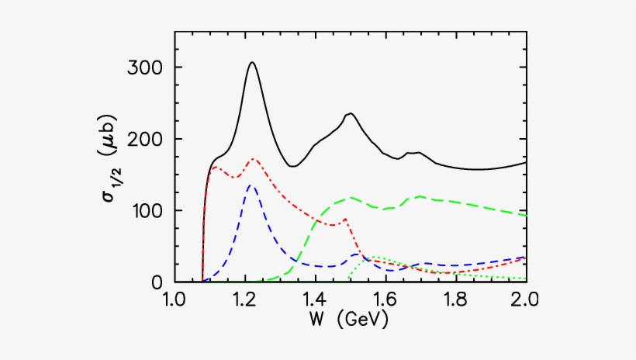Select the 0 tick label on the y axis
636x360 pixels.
157,282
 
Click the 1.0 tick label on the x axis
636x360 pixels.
175,299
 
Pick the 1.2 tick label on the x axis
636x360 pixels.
245,299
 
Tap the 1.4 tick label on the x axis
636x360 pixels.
316,299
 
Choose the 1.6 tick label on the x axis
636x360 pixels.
385,299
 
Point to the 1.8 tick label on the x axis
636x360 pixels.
456,299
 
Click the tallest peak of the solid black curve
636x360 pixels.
251,62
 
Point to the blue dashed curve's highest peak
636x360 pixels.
250,185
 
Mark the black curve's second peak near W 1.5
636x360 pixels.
351,113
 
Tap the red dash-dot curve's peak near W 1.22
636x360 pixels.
253,159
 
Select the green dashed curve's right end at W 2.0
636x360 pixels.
525,215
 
